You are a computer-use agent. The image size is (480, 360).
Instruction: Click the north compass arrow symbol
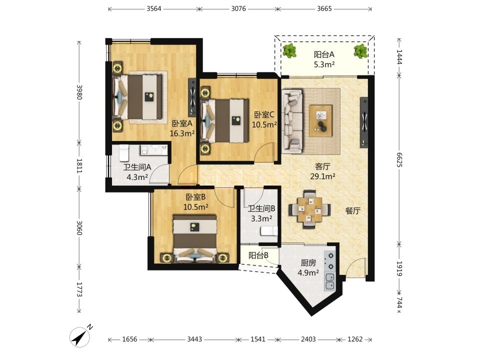80,337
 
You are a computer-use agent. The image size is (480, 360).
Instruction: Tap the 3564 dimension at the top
153,8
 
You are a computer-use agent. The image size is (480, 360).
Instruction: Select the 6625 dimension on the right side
399,160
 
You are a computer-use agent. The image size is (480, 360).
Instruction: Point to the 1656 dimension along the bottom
129,339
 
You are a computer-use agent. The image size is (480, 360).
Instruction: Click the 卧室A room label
182,123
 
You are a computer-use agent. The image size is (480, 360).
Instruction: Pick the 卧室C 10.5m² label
264,119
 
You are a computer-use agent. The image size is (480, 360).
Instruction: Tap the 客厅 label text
322,166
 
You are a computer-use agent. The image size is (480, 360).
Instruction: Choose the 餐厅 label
352,210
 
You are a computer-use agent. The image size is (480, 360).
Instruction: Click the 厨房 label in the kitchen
308,263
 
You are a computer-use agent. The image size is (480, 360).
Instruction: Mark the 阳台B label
258,255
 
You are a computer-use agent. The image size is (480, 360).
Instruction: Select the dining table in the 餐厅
309,209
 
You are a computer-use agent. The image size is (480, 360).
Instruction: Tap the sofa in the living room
292,121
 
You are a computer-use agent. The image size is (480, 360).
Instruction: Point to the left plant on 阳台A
289,51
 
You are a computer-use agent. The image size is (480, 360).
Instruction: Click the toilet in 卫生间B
269,231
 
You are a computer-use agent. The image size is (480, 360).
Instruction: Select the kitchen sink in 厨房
330,282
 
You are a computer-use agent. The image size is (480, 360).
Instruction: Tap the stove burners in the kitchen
330,261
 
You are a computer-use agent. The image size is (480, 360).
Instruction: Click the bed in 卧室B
195,238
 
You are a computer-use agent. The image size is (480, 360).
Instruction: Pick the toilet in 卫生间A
123,153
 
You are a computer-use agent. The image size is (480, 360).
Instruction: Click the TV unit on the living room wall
364,122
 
